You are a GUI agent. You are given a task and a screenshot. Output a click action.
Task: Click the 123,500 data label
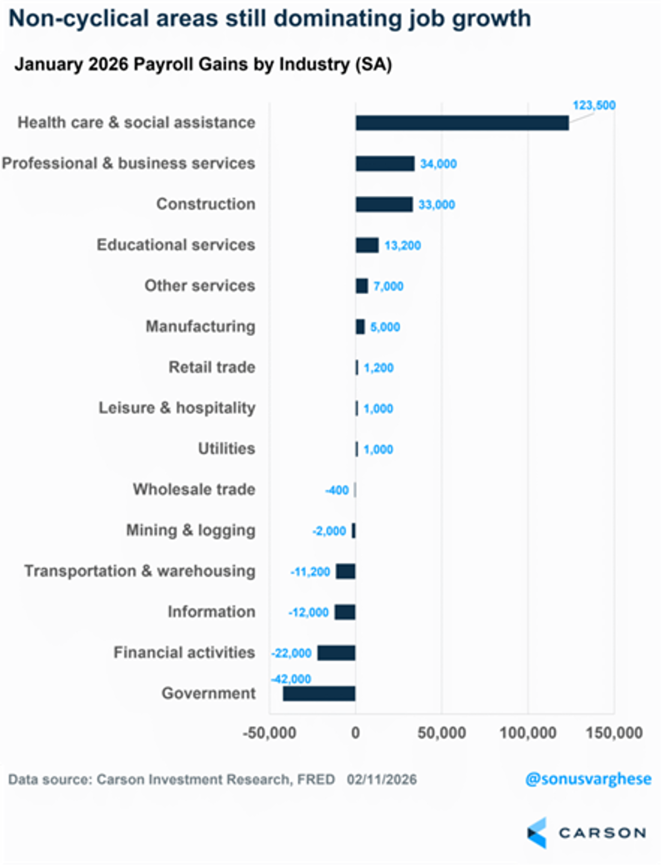coord(594,105)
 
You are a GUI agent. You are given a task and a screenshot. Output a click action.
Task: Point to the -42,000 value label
coord(291,679)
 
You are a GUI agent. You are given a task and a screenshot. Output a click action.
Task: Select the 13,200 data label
coord(402,246)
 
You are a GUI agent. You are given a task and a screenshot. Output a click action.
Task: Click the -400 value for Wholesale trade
coord(337,490)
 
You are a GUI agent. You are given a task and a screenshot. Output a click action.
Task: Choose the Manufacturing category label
coord(200,326)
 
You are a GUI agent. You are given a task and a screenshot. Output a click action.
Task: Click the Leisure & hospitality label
coord(177,408)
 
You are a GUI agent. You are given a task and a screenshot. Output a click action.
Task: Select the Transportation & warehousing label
coord(140,571)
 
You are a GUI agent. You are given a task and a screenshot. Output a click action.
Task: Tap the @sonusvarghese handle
coord(588,779)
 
